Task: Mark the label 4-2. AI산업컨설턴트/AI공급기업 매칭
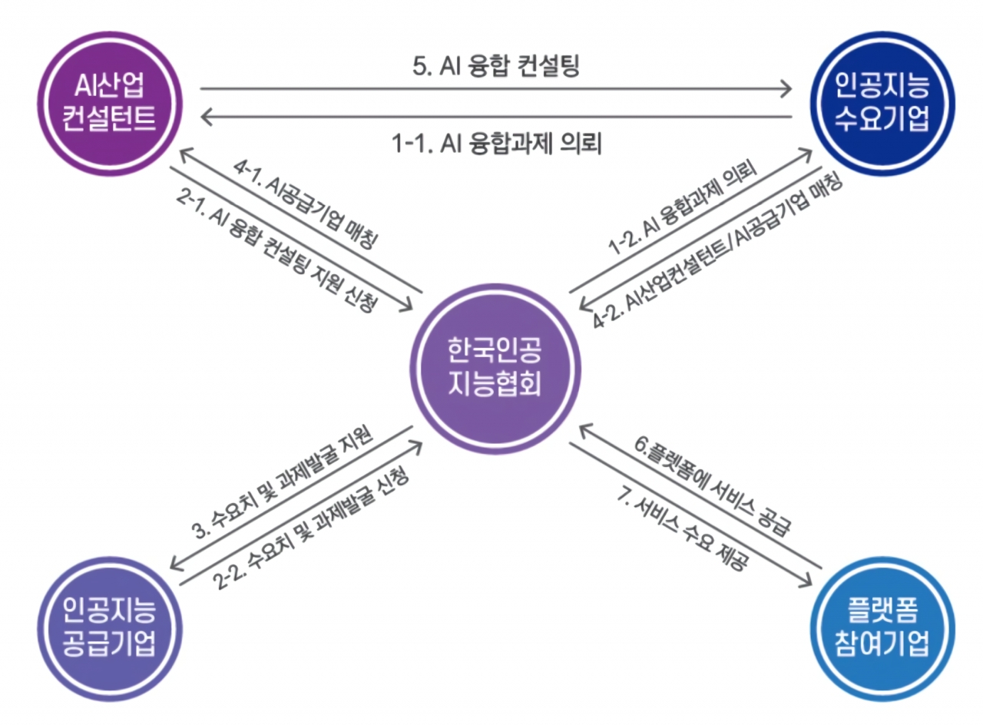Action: [719, 250]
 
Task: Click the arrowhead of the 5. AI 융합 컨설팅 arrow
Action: [786, 89]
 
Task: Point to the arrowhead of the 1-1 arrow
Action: [204, 117]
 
